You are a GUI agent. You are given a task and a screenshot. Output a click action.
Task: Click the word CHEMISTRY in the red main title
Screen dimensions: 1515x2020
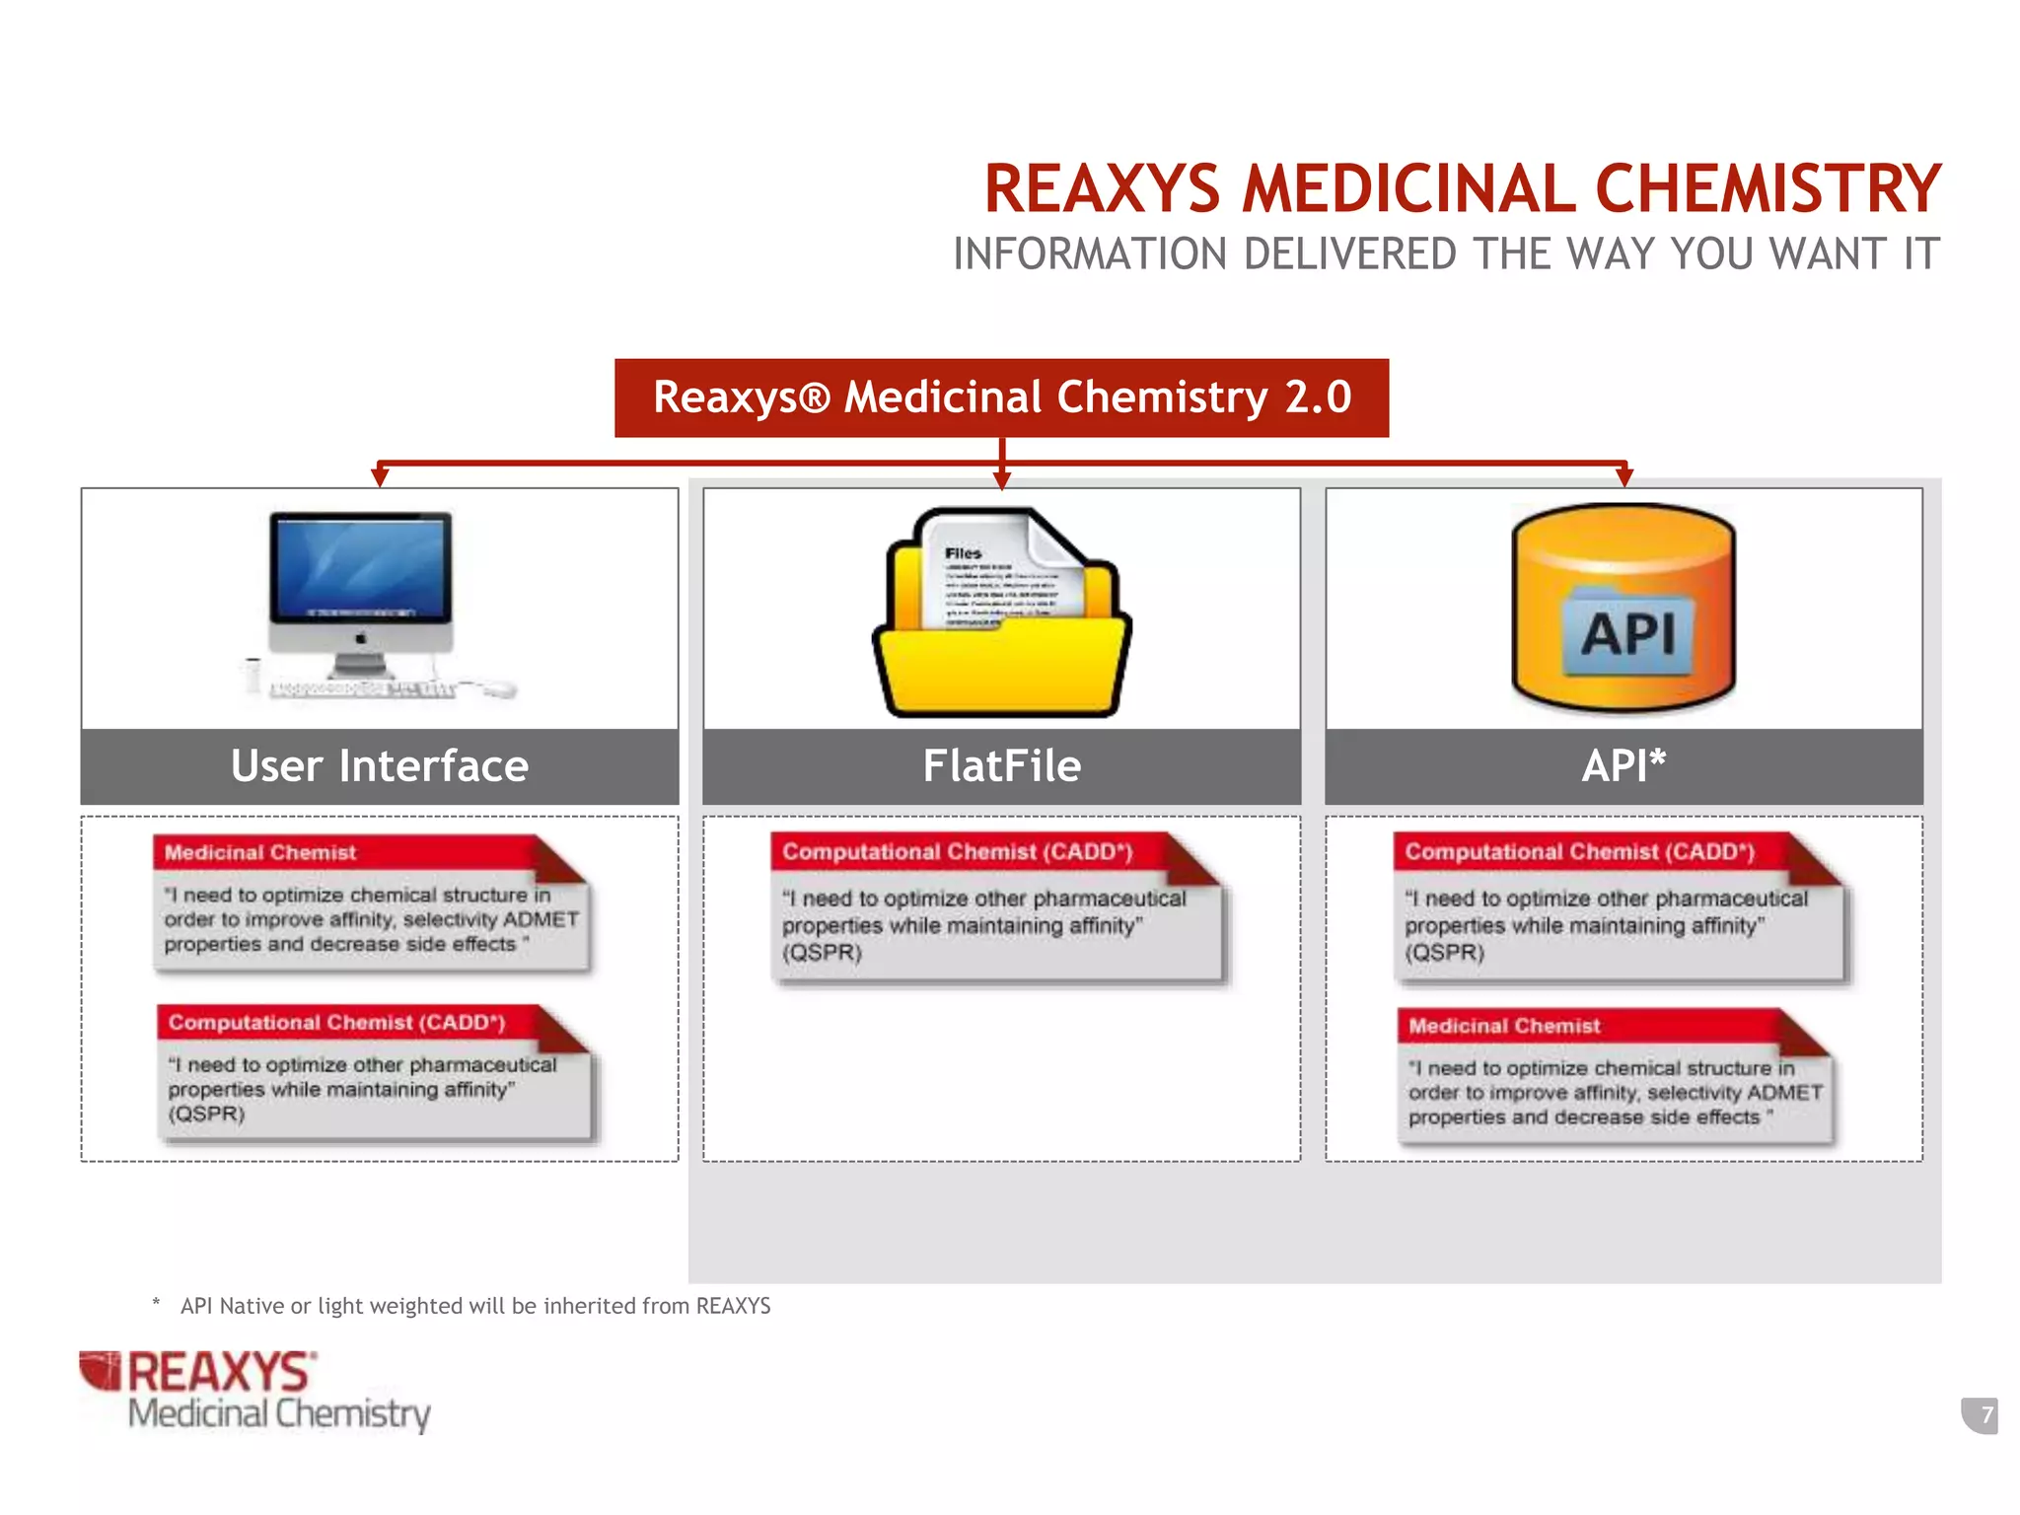pos(1767,188)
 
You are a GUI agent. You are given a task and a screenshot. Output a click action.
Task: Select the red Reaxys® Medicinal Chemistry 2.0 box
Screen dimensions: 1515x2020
pos(1001,397)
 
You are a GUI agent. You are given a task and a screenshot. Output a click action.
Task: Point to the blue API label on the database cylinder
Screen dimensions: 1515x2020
pos(1628,632)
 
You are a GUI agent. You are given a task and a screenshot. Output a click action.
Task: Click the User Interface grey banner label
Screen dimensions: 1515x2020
pos(380,766)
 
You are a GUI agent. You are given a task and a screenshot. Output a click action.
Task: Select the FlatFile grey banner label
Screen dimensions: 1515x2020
pos(1002,766)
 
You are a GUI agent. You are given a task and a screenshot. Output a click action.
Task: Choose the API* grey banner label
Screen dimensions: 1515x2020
pos(1623,766)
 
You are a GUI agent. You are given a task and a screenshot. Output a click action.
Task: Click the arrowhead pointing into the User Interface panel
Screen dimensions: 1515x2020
pos(380,477)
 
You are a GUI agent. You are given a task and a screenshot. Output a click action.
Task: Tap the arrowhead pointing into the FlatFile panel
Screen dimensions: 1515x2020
pos(1002,480)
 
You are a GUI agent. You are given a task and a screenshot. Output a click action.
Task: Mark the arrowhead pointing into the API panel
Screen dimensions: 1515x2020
pos(1624,477)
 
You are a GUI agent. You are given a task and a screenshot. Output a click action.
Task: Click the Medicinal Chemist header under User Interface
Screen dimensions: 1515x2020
pos(260,853)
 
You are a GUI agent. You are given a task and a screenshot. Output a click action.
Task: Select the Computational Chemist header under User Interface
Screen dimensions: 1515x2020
pos(336,1023)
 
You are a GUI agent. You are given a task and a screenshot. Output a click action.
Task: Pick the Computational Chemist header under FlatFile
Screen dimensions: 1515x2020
pos(957,852)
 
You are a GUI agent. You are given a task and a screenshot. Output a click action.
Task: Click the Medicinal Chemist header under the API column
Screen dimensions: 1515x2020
pos(1504,1027)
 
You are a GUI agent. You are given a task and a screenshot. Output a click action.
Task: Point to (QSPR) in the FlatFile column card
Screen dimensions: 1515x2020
pos(822,953)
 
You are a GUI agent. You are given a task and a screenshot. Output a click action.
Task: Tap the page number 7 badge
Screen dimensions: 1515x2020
pos(1985,1415)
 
